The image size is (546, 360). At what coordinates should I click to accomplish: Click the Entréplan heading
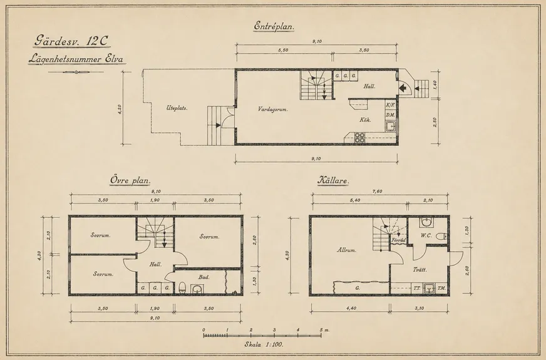point(274,26)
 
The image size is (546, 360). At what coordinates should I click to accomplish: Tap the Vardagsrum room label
point(272,110)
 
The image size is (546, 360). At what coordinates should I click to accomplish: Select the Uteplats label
point(177,108)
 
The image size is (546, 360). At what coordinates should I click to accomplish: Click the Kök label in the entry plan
point(365,120)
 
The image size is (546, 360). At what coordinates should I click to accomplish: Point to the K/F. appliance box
point(390,105)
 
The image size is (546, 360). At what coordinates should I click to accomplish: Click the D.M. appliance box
point(390,115)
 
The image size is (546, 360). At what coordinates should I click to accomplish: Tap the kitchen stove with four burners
point(359,138)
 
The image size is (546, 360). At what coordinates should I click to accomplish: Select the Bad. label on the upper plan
point(204,277)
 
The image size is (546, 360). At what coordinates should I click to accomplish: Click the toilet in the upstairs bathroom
point(182,288)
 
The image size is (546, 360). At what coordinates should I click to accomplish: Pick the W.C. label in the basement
point(426,235)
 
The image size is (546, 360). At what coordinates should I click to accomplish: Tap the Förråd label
point(398,240)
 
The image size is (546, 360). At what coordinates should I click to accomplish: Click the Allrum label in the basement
point(346,250)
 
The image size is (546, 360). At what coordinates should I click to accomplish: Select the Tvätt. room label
point(420,270)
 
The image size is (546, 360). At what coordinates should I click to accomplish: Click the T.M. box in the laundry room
point(441,288)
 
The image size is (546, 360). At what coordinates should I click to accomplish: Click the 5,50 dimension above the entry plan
point(283,50)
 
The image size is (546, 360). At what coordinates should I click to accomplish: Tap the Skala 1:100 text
point(264,345)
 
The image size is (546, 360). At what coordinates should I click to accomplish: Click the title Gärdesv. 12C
point(71,41)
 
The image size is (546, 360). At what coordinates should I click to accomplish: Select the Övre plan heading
point(130,181)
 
